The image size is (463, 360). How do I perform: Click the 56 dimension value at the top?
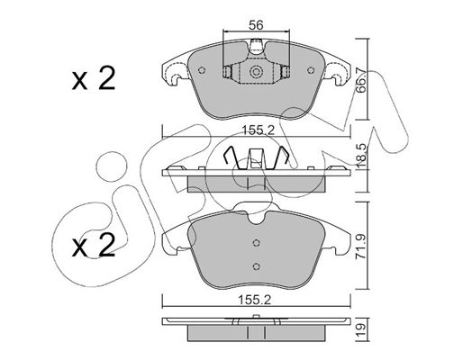(256, 25)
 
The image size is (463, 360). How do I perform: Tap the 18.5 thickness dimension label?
(361, 155)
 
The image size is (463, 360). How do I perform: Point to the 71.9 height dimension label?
(361, 247)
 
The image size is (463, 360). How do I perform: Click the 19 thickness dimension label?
(361, 329)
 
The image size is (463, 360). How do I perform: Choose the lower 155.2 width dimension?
(254, 300)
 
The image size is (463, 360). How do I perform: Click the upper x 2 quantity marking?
(94, 78)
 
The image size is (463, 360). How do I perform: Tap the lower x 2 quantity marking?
(94, 246)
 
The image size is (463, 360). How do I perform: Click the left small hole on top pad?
(202, 70)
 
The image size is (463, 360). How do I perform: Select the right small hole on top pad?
(311, 70)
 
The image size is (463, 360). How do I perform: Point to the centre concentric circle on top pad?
(256, 72)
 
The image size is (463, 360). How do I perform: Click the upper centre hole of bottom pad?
(256, 243)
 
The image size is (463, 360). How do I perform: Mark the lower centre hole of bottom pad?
(256, 266)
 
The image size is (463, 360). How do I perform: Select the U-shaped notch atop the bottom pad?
(256, 219)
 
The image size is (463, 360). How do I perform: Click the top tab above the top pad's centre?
(256, 46)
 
